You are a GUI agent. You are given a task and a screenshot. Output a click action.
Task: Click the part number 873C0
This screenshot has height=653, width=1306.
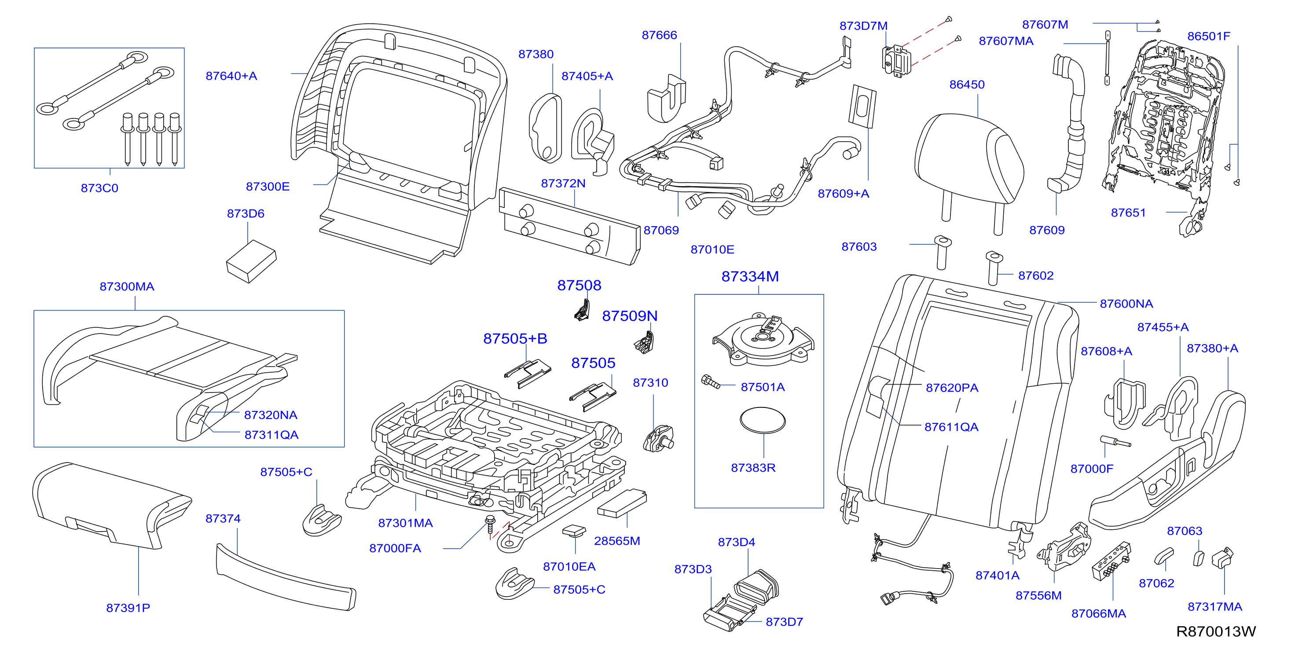99,188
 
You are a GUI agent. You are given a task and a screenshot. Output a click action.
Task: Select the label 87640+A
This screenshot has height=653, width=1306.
231,76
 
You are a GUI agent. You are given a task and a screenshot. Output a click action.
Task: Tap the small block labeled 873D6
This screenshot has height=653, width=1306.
251,261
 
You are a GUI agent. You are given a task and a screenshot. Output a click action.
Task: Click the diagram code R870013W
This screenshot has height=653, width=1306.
1216,631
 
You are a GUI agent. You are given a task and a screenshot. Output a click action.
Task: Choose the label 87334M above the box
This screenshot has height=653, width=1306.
750,277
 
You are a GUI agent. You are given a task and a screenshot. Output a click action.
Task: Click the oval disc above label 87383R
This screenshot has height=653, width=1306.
763,420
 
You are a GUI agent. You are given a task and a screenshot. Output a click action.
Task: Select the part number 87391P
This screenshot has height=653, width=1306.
128,608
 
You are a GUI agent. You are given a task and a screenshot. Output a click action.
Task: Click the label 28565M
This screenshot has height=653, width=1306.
617,541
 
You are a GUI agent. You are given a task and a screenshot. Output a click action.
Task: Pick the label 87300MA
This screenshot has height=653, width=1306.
127,286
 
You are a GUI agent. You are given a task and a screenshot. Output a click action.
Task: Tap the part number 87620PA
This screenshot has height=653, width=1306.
952,388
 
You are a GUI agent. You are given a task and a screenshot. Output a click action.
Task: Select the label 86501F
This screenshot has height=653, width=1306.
1209,37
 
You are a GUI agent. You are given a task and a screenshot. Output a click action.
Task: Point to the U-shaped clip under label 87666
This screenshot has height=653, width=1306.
667,99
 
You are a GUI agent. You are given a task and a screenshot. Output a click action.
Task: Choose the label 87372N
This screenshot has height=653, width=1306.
563,183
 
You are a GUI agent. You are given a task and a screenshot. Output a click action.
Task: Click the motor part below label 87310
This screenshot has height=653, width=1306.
658,439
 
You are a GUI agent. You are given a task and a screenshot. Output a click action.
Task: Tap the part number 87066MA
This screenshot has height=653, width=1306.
1099,613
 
